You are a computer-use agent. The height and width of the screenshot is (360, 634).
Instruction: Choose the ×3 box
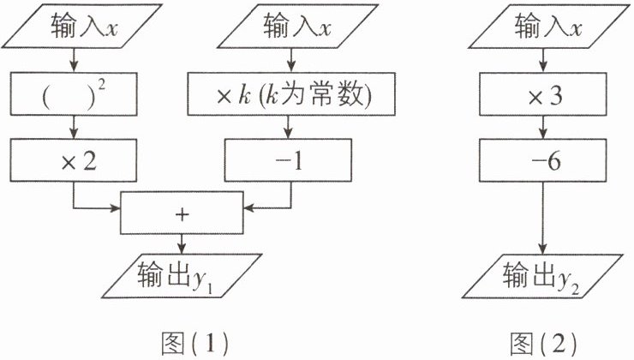click(x=542, y=93)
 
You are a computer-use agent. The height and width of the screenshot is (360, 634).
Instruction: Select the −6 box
click(x=542, y=160)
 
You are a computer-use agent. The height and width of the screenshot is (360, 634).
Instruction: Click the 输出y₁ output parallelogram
click(x=181, y=275)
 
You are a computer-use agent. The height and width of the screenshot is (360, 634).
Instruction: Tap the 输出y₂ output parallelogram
click(x=542, y=275)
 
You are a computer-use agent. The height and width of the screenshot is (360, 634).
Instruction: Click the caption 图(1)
click(x=189, y=342)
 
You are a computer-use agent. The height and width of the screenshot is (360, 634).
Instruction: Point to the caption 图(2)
click(x=543, y=342)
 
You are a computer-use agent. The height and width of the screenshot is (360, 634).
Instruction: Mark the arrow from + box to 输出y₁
click(x=181, y=243)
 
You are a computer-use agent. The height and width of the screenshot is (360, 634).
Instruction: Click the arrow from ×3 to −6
click(x=542, y=127)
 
